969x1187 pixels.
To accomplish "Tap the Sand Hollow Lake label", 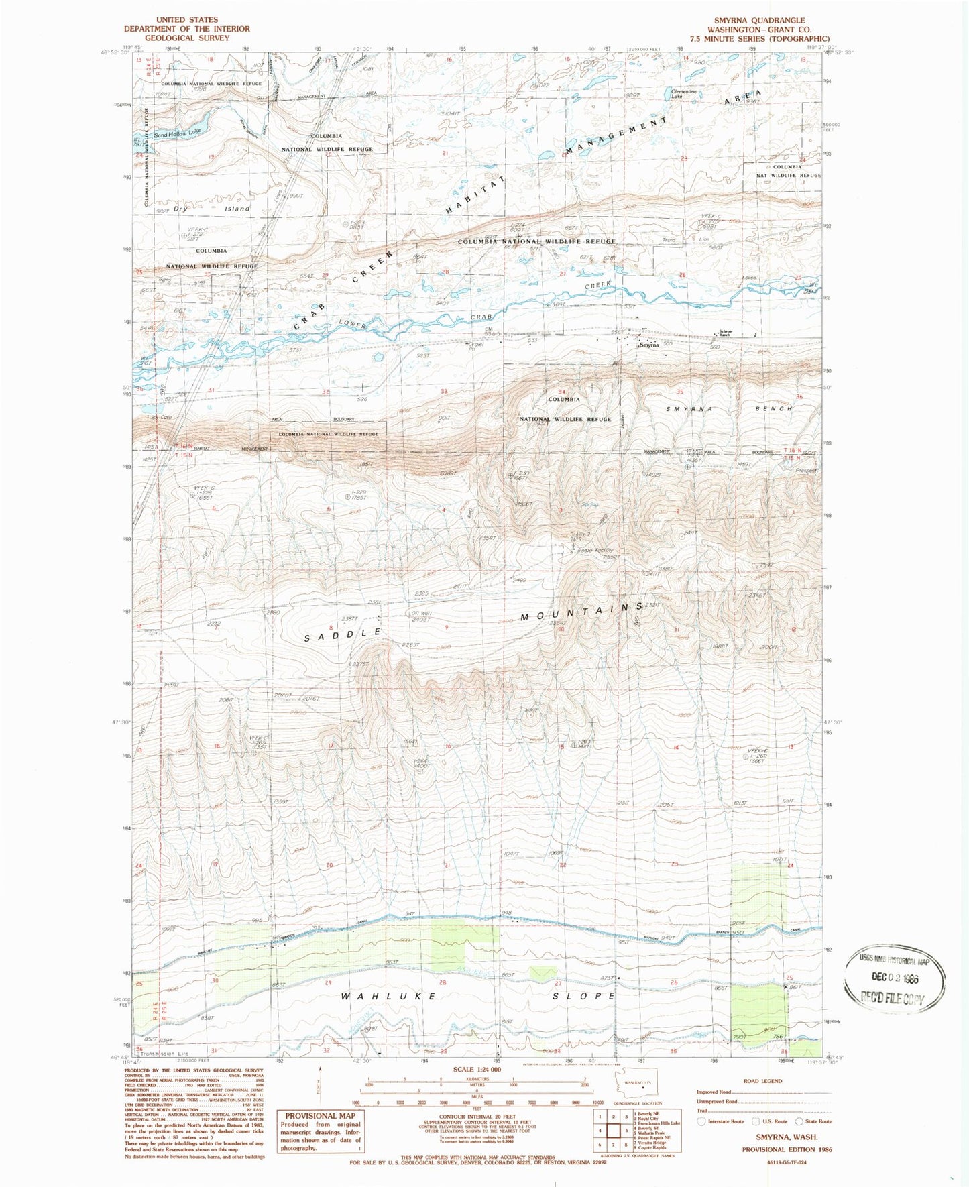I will coord(177,134).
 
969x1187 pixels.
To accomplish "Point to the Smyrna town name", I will coord(649,345).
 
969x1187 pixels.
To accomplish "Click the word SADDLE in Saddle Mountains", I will coord(343,635).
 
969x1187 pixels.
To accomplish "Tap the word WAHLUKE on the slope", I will coord(389,997).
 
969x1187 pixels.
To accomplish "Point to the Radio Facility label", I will coord(596,551).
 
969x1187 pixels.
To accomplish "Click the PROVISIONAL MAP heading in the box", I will coord(319,1116).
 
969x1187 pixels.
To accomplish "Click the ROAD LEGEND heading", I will coord(762,1081).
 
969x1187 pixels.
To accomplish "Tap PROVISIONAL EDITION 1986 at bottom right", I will coord(787,1149).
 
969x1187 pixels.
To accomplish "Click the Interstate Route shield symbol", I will coord(701,1121).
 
